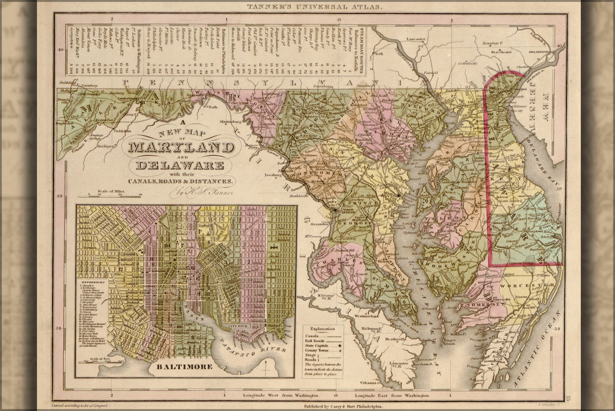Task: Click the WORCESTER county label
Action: pyautogui.click(x=535, y=285)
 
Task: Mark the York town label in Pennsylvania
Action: pyautogui.click(x=379, y=53)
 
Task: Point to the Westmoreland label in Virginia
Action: pyautogui.click(x=366, y=316)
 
